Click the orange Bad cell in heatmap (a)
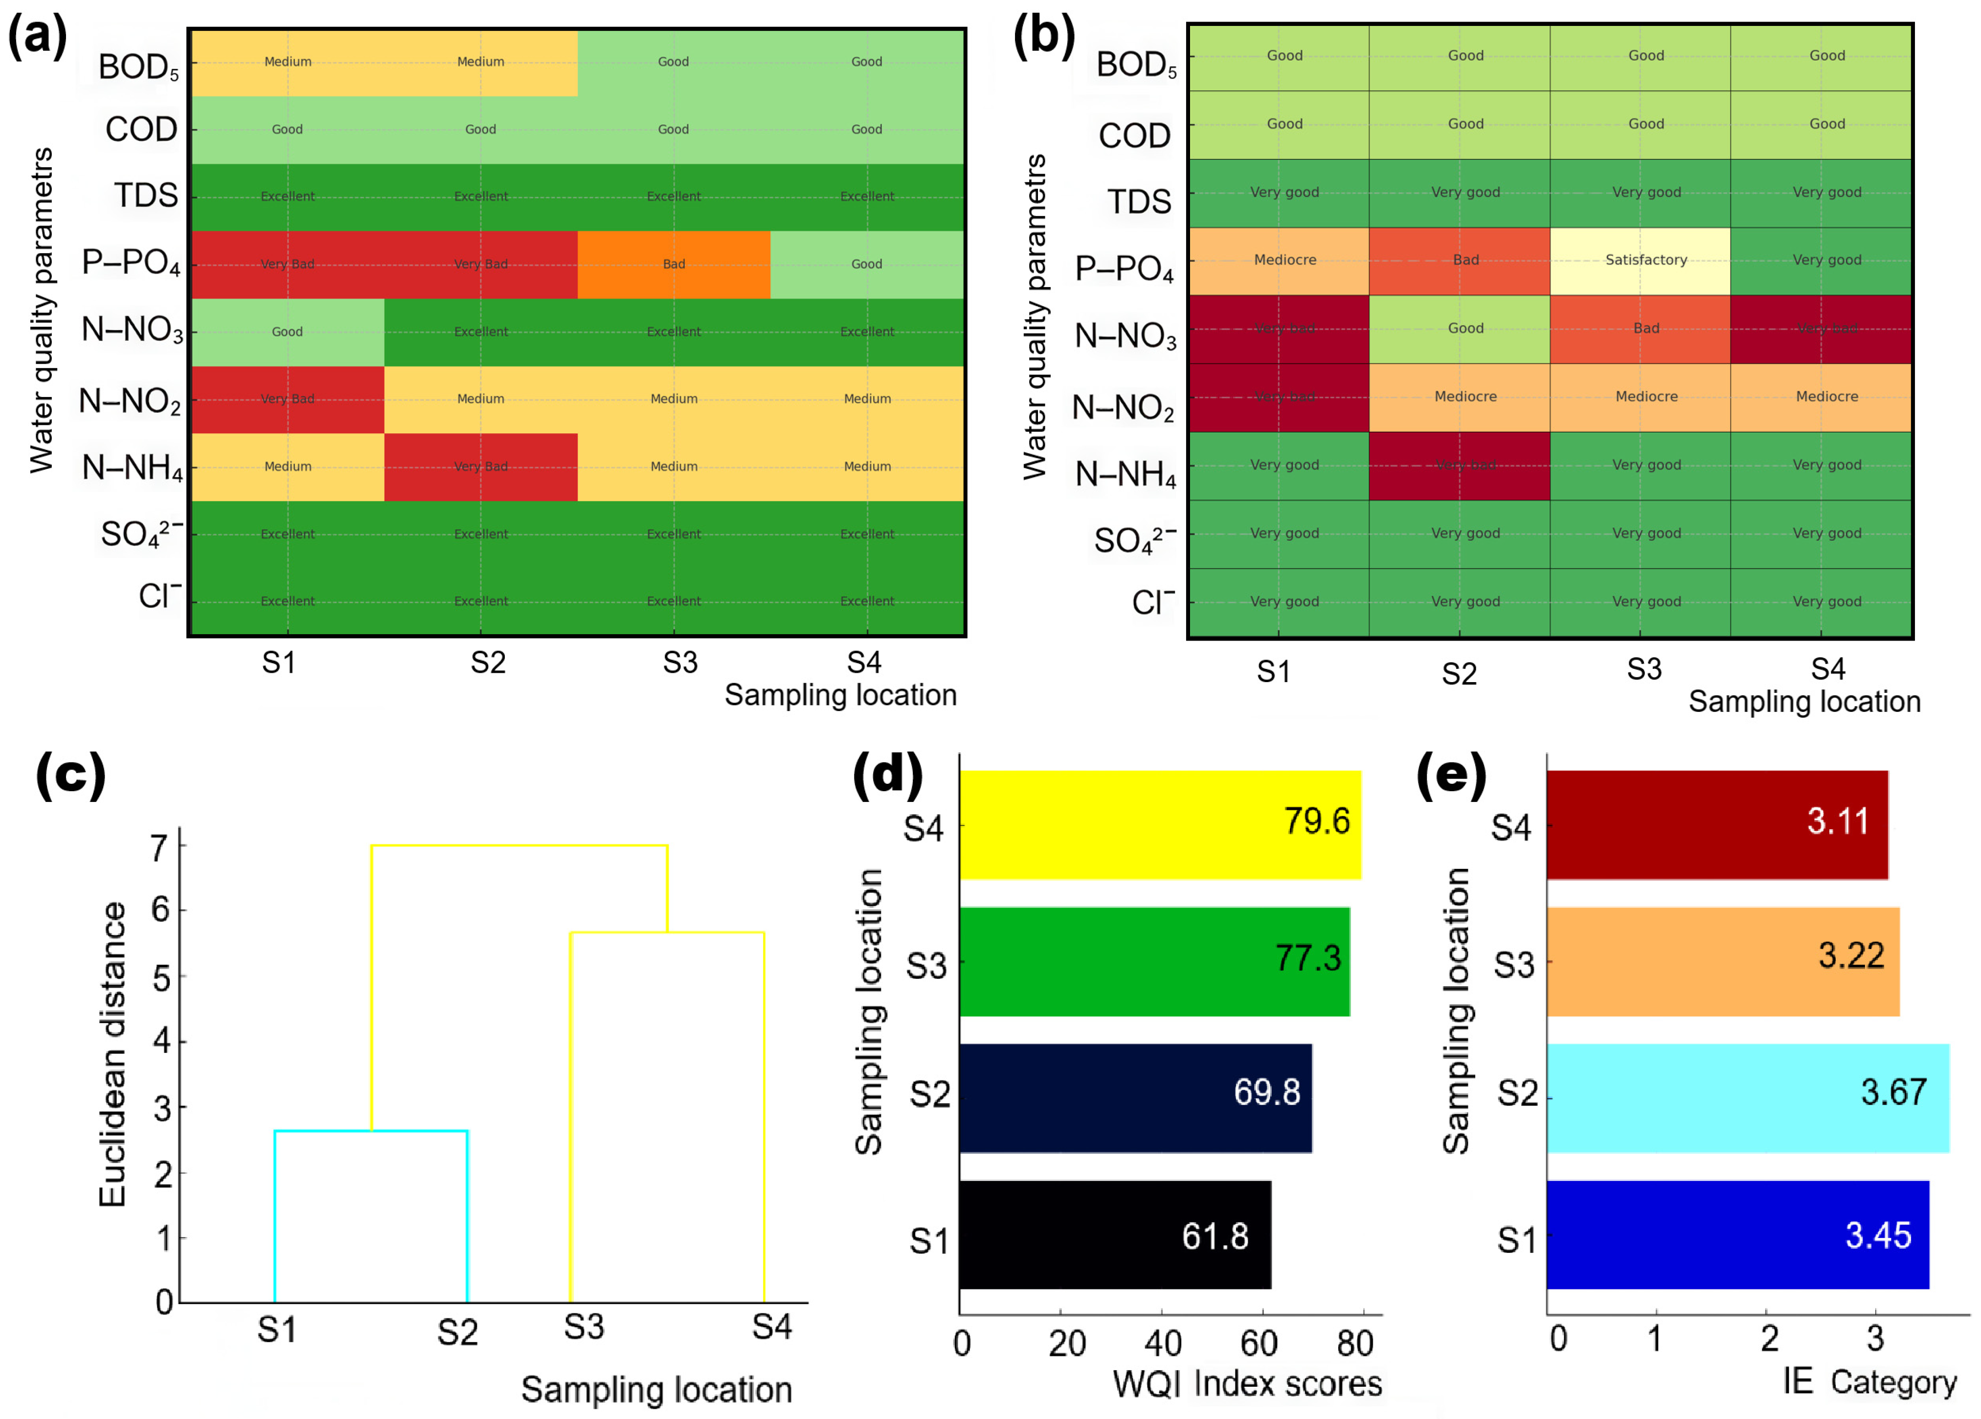(x=674, y=264)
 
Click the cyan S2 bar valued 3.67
(x=1747, y=1098)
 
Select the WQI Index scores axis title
(x=1246, y=1383)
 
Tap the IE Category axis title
(x=1868, y=1381)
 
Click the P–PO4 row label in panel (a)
(x=131, y=262)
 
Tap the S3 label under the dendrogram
(x=584, y=1327)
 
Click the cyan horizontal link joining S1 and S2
(x=371, y=1131)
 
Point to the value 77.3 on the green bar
(x=1307, y=958)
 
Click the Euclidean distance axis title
(x=112, y=1054)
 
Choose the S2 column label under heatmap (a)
(x=487, y=663)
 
